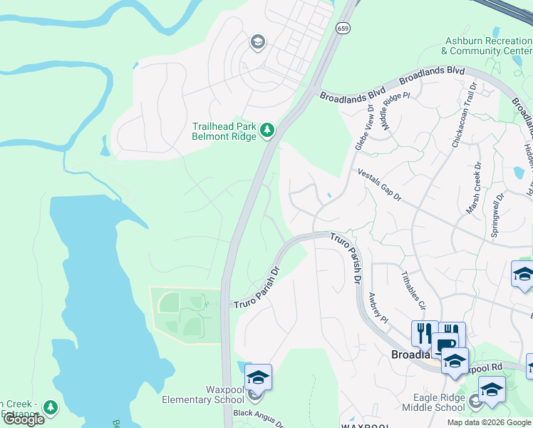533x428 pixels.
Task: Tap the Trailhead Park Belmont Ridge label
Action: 224,132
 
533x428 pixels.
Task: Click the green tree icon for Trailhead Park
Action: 267,130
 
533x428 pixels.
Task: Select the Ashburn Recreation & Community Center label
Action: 486,46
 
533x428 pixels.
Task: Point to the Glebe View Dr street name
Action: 363,127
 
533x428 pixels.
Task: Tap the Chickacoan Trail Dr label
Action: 462,115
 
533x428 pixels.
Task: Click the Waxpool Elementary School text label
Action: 203,394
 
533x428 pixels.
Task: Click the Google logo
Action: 23,419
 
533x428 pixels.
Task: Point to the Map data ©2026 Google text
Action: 489,422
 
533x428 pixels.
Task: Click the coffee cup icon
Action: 447,345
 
